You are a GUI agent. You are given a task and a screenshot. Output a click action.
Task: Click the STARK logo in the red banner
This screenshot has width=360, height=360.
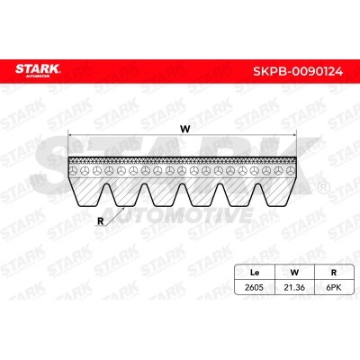[x=38, y=71]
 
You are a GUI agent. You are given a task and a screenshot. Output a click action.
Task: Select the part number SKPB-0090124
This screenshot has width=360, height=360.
[x=298, y=72]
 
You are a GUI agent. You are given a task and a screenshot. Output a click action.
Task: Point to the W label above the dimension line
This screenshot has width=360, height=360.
[x=185, y=129]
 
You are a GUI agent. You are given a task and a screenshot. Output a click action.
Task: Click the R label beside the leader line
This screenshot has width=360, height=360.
[x=101, y=221]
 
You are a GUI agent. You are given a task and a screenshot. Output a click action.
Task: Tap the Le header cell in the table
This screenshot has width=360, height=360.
[x=255, y=273]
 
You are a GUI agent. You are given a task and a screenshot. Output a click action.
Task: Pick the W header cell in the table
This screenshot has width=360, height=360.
[x=294, y=273]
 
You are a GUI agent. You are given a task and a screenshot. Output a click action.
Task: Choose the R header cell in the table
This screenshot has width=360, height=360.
[x=333, y=273]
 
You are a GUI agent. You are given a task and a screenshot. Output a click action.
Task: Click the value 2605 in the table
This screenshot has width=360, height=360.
[x=254, y=287]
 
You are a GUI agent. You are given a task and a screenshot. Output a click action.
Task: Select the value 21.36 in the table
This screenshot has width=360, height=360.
[x=294, y=287]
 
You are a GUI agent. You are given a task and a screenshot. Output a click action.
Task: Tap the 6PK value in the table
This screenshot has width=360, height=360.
[x=333, y=287]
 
